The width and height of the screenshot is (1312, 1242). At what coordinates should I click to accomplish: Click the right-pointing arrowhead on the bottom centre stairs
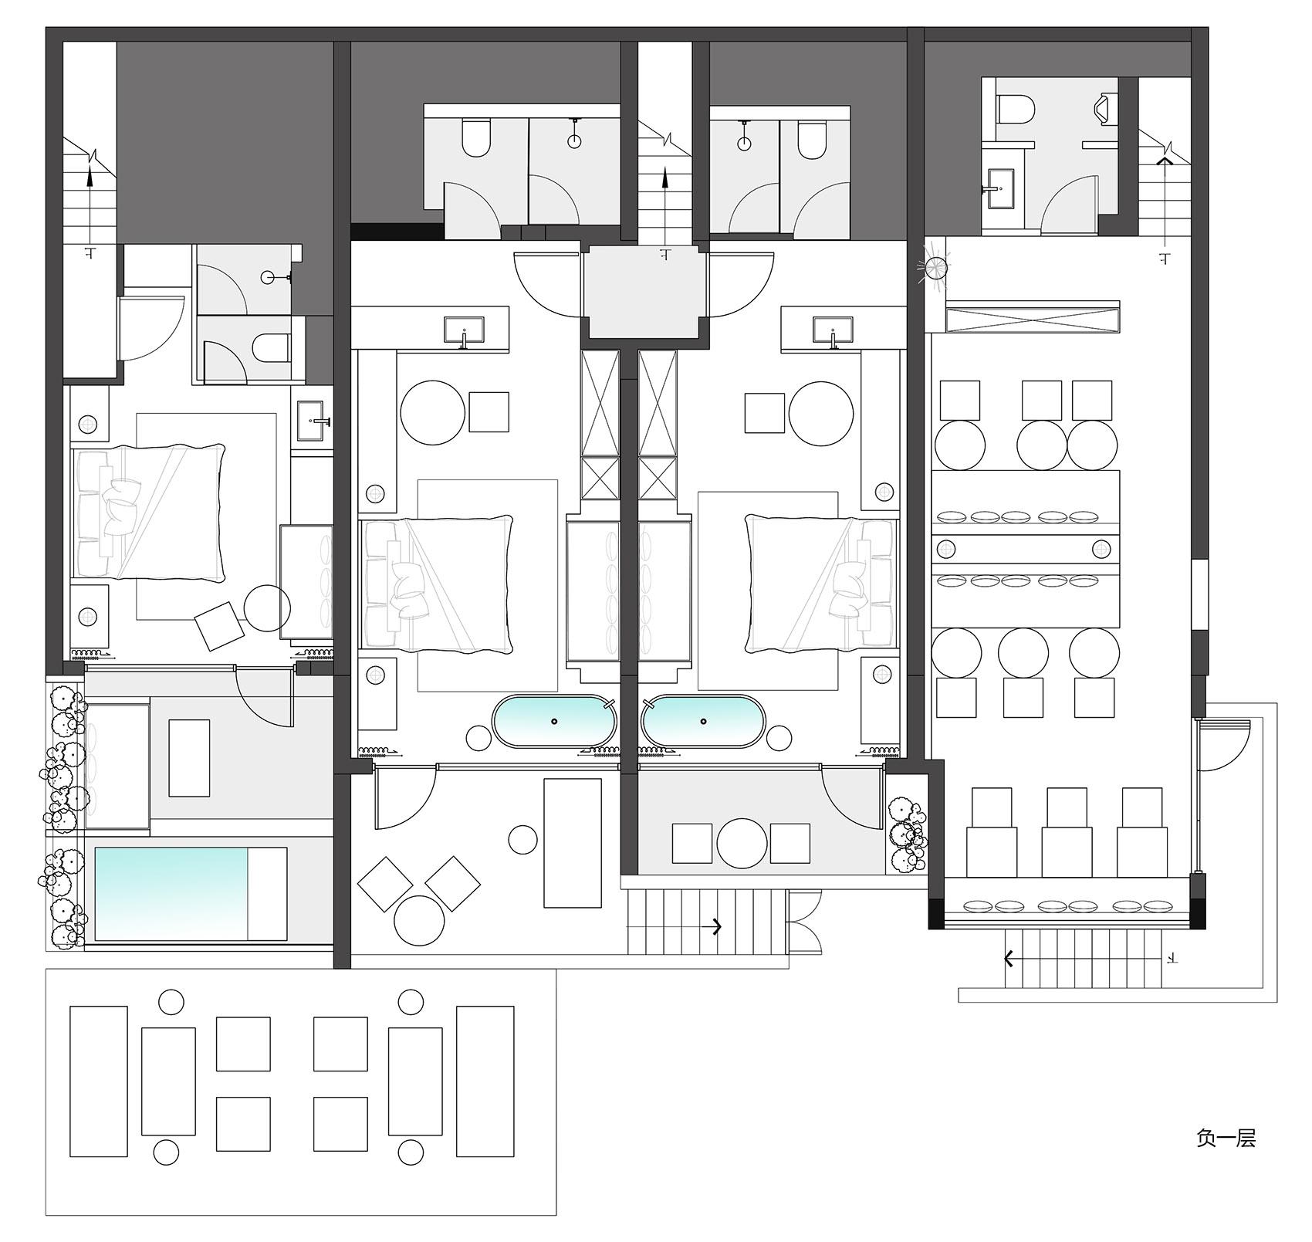coord(718,926)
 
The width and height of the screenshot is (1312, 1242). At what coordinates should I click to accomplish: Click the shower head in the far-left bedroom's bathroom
coord(269,276)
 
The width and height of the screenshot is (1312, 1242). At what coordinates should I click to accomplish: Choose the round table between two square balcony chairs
coord(742,843)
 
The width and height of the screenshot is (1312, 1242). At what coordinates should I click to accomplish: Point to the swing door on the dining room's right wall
coord(1222,745)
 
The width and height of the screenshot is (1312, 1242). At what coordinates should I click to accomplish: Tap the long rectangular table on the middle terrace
coord(572,843)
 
